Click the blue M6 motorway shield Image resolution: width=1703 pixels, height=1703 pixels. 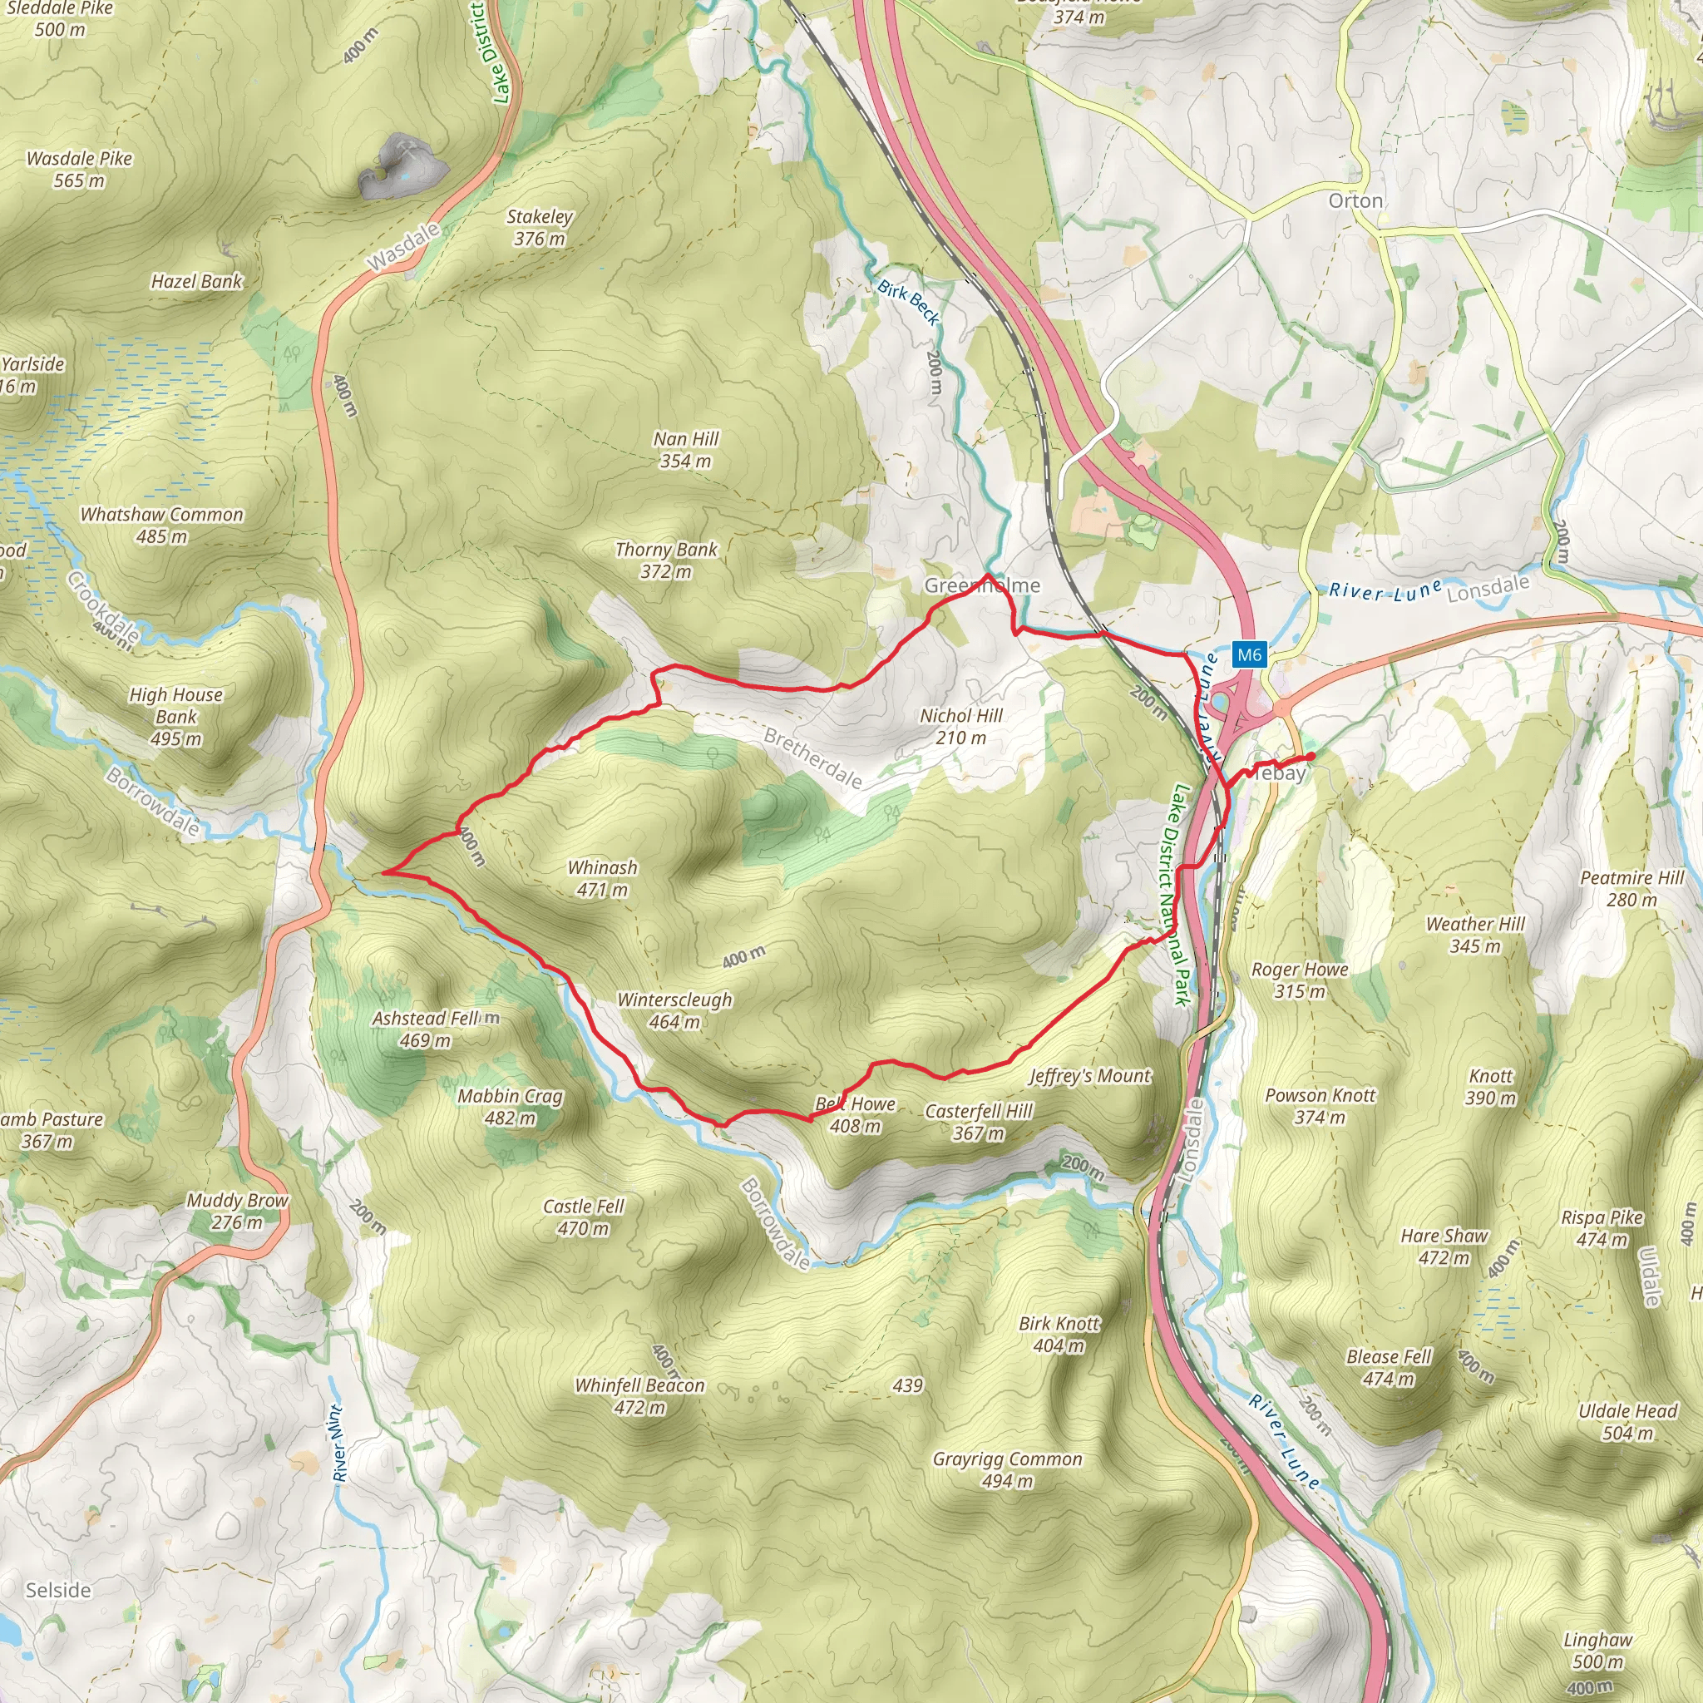(1249, 654)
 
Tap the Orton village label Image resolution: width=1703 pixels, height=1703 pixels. (1355, 201)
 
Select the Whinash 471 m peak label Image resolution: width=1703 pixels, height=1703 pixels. (602, 878)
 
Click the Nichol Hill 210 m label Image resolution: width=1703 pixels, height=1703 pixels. (960, 726)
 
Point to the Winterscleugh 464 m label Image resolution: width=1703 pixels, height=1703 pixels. (674, 1010)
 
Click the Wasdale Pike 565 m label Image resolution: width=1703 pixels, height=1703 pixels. (79, 170)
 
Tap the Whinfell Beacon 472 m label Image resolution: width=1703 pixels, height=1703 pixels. (640, 1396)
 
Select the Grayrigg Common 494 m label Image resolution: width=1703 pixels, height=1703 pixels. (1008, 1469)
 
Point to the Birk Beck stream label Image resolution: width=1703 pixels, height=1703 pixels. (909, 303)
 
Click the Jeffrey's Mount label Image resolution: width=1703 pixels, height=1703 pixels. (1089, 1075)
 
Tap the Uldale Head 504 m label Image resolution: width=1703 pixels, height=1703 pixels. (1627, 1422)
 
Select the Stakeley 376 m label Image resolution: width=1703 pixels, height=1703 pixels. (540, 226)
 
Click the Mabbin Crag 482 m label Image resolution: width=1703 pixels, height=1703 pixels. (510, 1107)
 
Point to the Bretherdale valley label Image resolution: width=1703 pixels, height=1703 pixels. (812, 758)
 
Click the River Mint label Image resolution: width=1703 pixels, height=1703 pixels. (339, 1442)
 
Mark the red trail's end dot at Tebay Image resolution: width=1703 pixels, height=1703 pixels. (1311, 757)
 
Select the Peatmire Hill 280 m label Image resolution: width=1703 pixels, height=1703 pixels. (1631, 889)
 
